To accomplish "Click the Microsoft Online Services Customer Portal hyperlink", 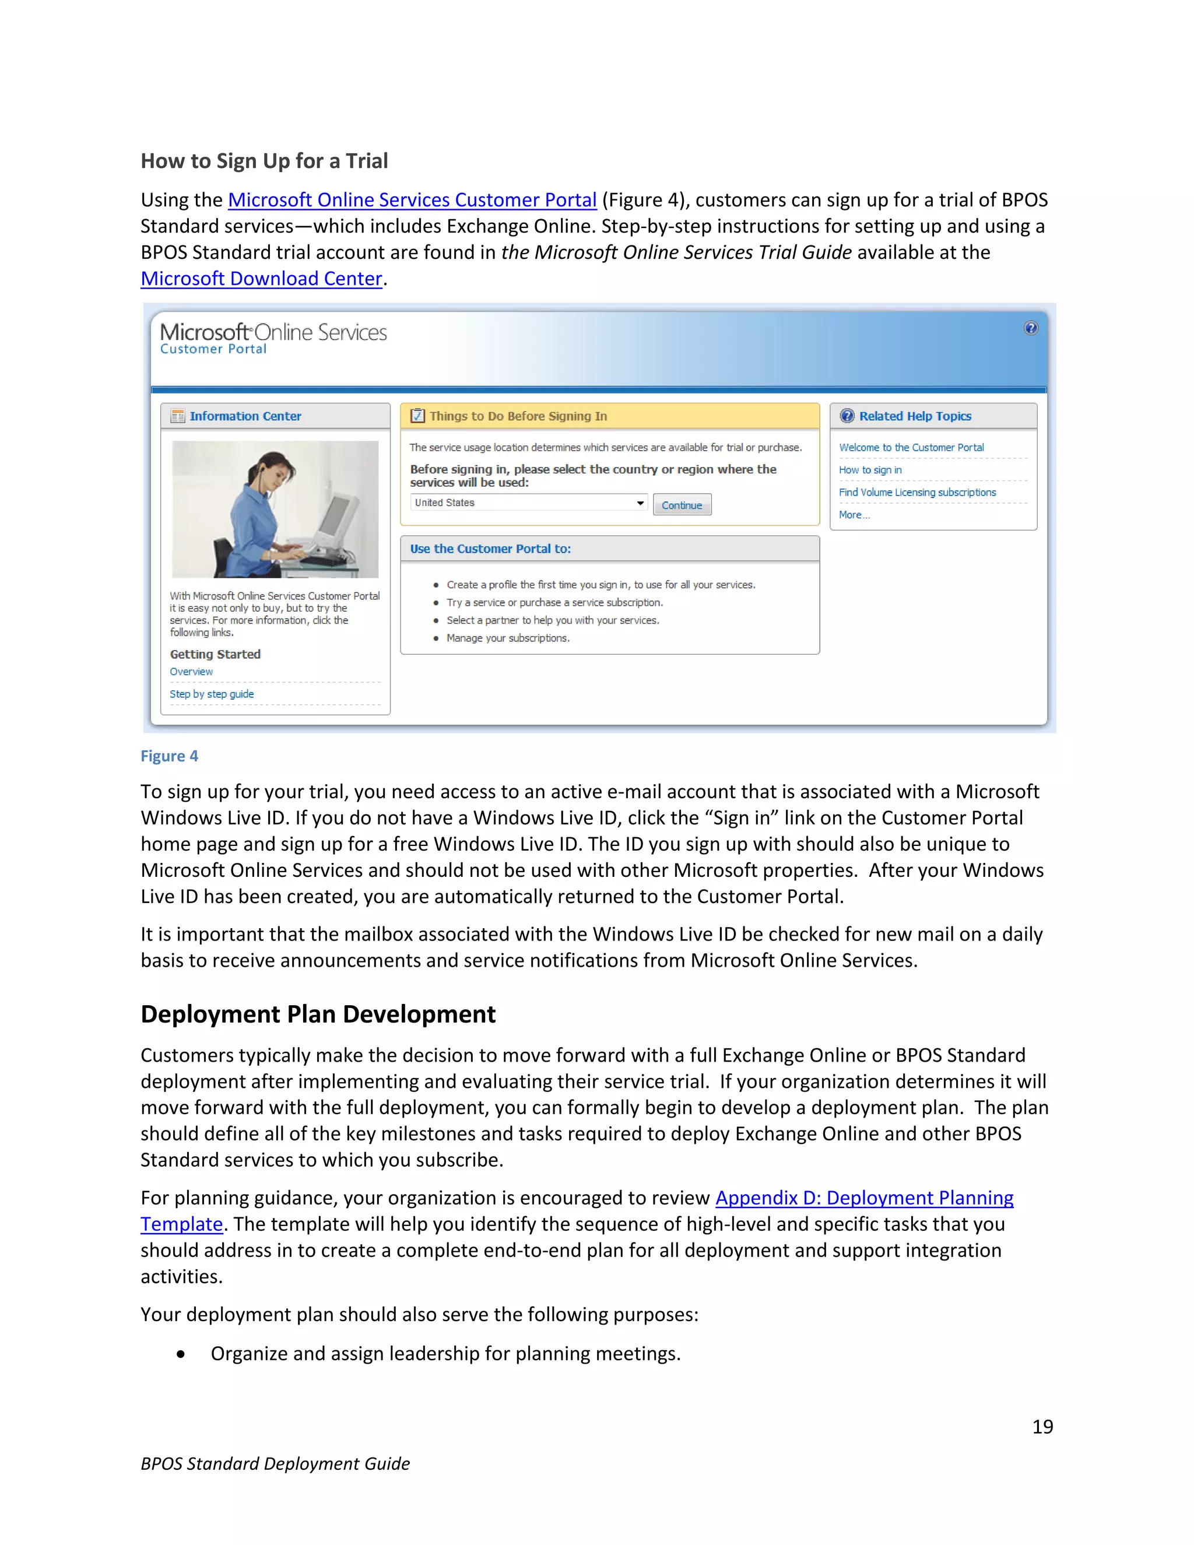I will pos(412,200).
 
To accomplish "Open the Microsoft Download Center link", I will pos(261,279).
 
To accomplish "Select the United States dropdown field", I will pos(528,503).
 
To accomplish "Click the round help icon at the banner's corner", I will pos(1031,328).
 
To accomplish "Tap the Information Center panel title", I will pos(245,416).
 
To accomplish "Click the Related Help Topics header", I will pos(915,416).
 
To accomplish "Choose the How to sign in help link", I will pos(870,470).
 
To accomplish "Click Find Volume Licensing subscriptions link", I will pos(916,493).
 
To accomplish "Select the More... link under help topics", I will pos(854,515).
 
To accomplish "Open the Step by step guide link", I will pos(212,694).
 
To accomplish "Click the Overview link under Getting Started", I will pos(191,671).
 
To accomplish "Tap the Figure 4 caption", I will pos(169,756).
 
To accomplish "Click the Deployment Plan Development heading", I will pos(318,1014).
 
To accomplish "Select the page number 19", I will pos(1042,1427).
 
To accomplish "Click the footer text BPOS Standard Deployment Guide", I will pos(275,1463).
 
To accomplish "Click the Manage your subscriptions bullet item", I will pos(507,638).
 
